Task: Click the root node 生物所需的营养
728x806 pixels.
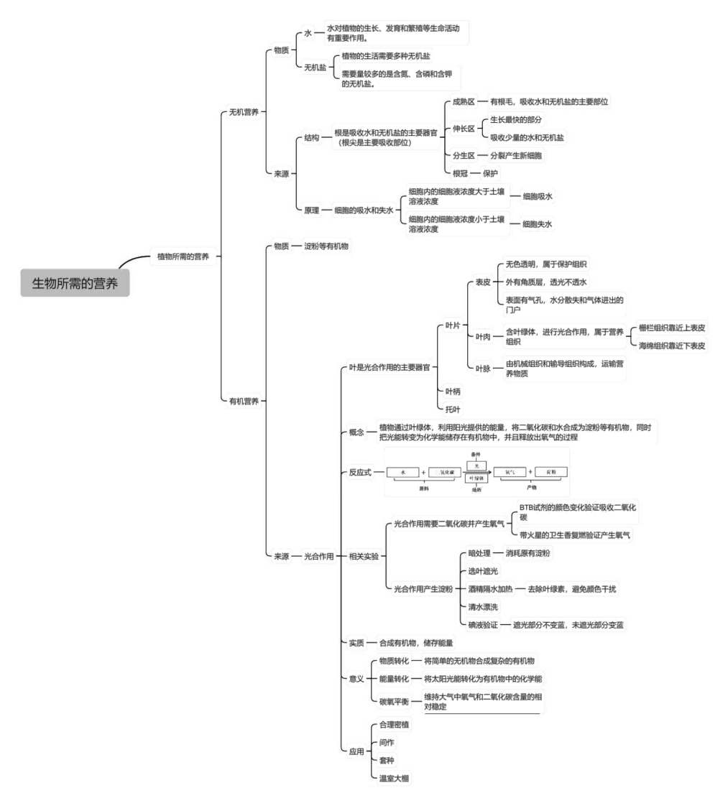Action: point(75,282)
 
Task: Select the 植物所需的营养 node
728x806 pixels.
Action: point(183,256)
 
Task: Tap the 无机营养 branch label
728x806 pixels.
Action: point(244,112)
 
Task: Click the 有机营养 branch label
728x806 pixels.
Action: point(244,401)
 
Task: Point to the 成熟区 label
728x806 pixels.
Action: point(464,102)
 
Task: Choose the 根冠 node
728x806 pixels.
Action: point(460,173)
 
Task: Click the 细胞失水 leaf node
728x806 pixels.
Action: point(538,224)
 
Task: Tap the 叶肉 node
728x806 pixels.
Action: point(483,336)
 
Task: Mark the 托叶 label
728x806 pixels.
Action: point(453,409)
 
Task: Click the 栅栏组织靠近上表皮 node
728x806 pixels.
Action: point(672,328)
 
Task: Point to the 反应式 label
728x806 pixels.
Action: point(360,473)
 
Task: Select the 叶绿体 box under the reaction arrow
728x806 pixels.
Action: point(476,478)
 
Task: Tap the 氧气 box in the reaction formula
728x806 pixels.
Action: point(510,472)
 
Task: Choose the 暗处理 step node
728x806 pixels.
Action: point(479,553)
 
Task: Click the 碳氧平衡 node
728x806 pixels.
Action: point(394,701)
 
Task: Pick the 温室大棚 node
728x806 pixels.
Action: point(394,779)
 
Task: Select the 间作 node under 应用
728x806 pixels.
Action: point(387,742)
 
